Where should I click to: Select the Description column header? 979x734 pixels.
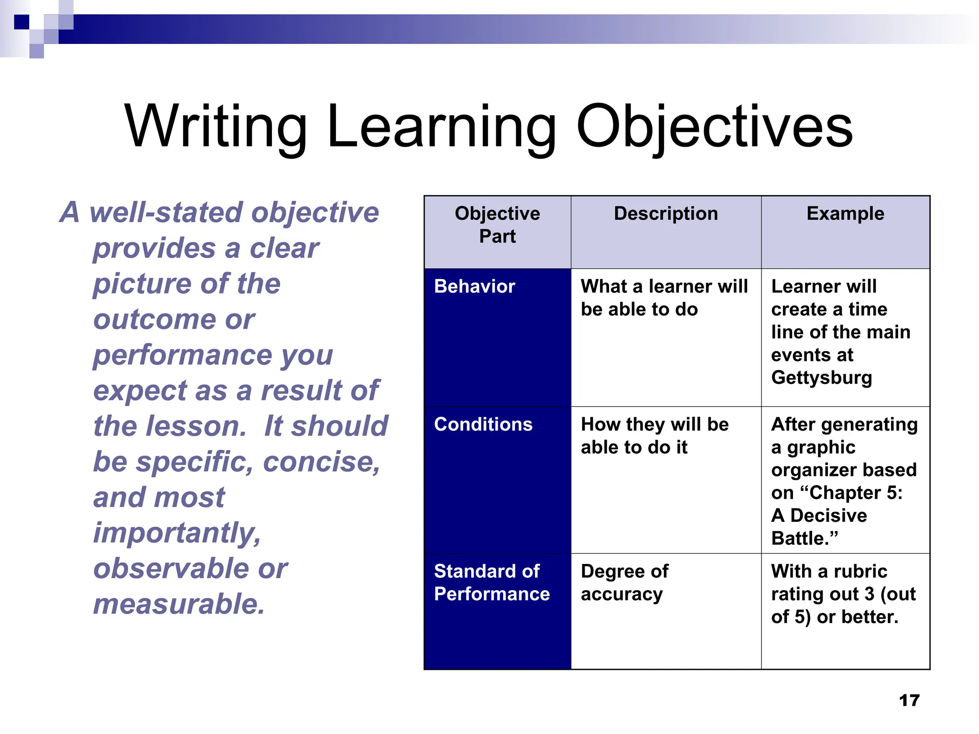click(x=665, y=214)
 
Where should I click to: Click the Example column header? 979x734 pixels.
click(x=845, y=214)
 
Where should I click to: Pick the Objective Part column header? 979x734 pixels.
click(x=497, y=225)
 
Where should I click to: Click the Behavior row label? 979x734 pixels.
click(x=474, y=287)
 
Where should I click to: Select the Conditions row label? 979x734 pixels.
click(x=483, y=424)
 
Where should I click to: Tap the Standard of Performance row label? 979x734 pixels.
click(x=491, y=583)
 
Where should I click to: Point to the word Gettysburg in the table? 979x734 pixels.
click(x=821, y=378)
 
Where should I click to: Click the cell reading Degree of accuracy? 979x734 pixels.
click(x=624, y=583)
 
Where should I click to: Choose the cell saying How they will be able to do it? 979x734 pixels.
click(x=654, y=436)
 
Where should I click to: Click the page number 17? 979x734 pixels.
click(x=909, y=701)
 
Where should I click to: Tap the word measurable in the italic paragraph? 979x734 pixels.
click(x=178, y=604)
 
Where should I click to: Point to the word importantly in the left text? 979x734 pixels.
click(x=177, y=533)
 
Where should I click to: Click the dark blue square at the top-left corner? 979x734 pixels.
click(x=22, y=22)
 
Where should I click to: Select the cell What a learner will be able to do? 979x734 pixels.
click(x=664, y=298)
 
